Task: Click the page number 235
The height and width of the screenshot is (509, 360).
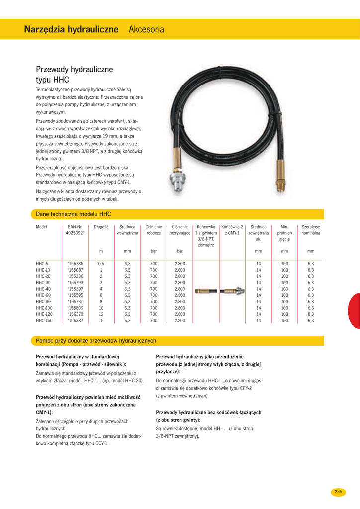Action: click(339, 492)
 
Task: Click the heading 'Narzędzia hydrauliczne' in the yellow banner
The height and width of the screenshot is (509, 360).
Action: click(71, 30)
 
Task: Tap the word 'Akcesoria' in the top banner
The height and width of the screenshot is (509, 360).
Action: click(146, 30)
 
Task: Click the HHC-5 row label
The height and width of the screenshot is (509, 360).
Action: click(42, 263)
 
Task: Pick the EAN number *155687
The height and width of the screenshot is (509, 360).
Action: click(75, 270)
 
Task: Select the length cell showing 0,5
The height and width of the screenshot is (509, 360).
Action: click(101, 263)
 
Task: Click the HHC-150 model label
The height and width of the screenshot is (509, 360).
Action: click(44, 321)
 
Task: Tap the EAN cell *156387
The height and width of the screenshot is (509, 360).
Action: click(75, 321)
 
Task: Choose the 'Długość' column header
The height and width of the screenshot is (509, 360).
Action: click(101, 227)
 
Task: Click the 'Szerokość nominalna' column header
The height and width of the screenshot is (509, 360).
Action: click(311, 230)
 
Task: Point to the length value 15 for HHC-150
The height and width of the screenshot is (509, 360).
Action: click(101, 321)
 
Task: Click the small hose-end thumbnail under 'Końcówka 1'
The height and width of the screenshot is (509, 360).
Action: click(206, 290)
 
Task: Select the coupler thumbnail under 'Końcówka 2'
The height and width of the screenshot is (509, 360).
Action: click(232, 290)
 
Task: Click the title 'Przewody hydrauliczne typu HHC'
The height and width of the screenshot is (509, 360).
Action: click(75, 74)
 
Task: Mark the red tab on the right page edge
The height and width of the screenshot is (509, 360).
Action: click(355, 311)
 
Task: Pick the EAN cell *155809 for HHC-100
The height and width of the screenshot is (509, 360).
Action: click(75, 308)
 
